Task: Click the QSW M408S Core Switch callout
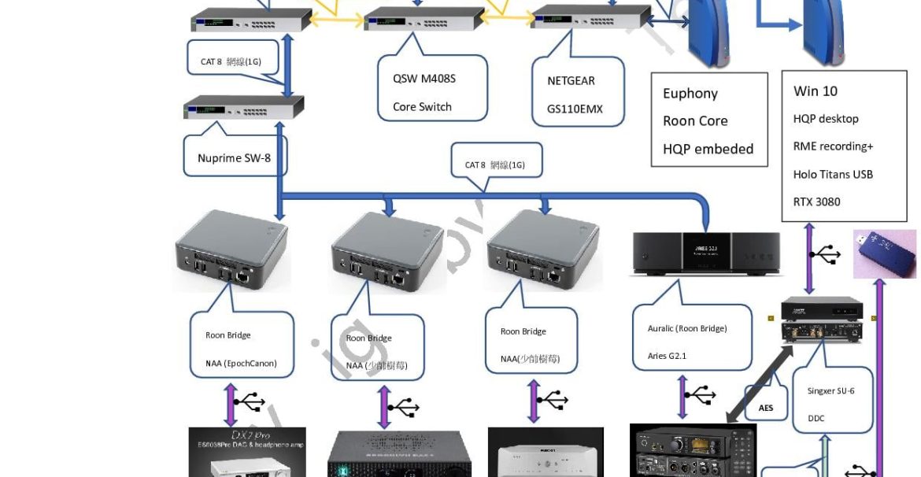(x=432, y=93)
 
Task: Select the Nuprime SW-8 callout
(x=234, y=157)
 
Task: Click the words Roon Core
(x=695, y=121)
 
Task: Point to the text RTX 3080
(x=816, y=202)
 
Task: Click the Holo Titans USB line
(x=833, y=174)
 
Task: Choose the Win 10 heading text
(x=815, y=91)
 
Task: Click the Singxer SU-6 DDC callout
(x=831, y=404)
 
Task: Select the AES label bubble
(x=766, y=407)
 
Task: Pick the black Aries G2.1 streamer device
(x=708, y=253)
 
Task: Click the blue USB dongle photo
(x=886, y=253)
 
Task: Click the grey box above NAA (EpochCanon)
(x=231, y=251)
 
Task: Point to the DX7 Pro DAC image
(x=246, y=453)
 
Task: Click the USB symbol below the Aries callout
(x=698, y=394)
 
